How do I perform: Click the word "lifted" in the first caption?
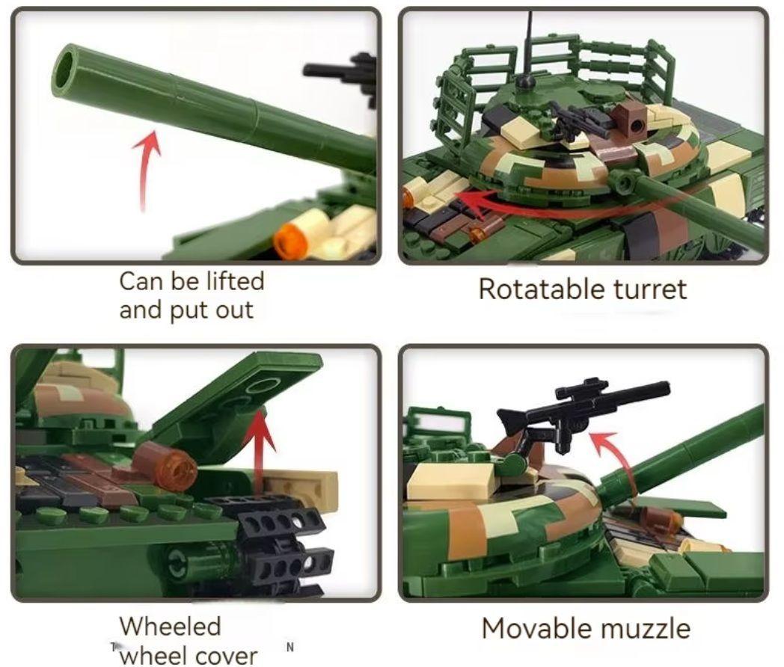click(234, 281)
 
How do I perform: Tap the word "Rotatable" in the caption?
click(542, 289)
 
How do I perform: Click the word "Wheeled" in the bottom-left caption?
click(170, 627)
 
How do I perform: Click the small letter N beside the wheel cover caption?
click(290, 648)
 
